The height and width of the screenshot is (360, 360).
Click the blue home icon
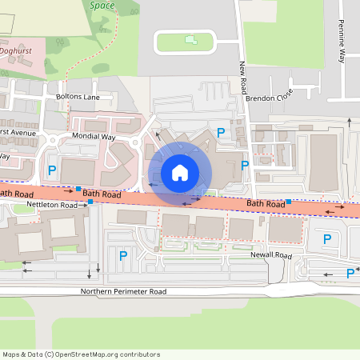[x=179, y=172]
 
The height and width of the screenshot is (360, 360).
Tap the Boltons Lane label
[x=78, y=97]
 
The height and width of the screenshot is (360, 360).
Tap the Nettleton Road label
[x=51, y=206]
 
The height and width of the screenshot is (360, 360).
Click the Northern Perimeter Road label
[x=123, y=291]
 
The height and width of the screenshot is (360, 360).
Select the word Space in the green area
[x=102, y=5]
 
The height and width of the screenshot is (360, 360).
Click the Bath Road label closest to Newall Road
[x=266, y=204]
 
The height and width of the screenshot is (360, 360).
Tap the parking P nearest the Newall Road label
[x=326, y=238]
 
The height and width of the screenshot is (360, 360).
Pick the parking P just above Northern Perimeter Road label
[x=122, y=256]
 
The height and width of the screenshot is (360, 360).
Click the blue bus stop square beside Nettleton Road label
[x=90, y=202]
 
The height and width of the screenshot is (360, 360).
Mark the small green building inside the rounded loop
[x=190, y=38]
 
